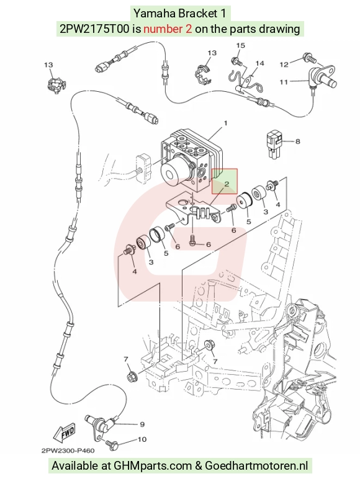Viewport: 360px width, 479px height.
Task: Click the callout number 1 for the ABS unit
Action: [225, 123]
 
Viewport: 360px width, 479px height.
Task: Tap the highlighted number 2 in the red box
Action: [227, 184]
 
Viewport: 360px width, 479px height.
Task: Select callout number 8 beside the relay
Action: [297, 141]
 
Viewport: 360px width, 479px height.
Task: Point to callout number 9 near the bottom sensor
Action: [142, 424]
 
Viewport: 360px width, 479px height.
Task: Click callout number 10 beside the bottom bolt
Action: [142, 439]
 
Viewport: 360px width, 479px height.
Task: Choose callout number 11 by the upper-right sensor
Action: [284, 82]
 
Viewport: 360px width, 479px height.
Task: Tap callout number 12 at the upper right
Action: [284, 65]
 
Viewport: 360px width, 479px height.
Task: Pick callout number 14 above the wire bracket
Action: [260, 63]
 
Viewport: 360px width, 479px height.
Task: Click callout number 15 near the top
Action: [240, 45]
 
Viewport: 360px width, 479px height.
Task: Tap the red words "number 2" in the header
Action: [168, 29]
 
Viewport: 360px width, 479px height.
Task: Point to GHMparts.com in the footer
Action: [153, 466]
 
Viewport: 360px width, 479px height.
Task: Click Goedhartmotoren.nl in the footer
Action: [256, 466]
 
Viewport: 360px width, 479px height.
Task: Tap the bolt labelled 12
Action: [309, 58]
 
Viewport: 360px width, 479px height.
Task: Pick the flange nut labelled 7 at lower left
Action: [132, 376]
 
